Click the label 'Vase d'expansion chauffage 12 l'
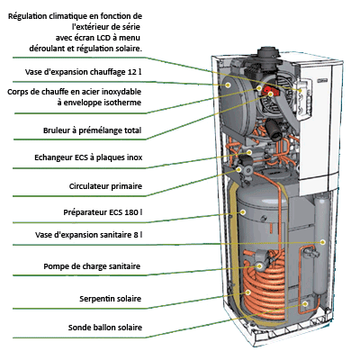pos(83,72)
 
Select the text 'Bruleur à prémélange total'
pos(92,130)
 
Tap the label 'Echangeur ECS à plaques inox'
pos(88,157)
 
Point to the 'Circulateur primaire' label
pos(105,186)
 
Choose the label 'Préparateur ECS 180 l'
pos(103,212)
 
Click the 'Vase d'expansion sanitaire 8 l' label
pos(89,235)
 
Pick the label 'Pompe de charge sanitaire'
pos(92,266)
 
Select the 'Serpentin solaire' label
pos(110,299)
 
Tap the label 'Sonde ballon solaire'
pos(105,328)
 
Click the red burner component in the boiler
pos(267,90)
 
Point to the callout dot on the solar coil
pos(248,292)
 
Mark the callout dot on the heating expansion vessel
pos(228,85)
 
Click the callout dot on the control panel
pos(300,90)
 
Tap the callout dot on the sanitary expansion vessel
pos(322,242)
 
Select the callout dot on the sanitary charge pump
pos(258,265)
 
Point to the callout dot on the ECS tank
pos(243,212)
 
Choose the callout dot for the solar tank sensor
pos(305,304)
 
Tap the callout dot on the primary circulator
pos(238,169)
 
